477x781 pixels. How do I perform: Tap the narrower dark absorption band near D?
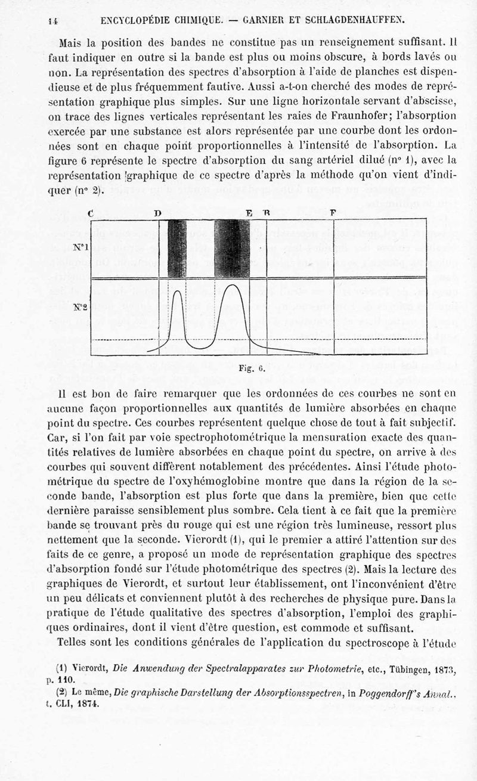pyautogui.click(x=177, y=249)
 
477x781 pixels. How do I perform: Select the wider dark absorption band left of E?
pyautogui.click(x=231, y=249)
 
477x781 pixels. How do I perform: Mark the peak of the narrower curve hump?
pyautogui.click(x=177, y=289)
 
